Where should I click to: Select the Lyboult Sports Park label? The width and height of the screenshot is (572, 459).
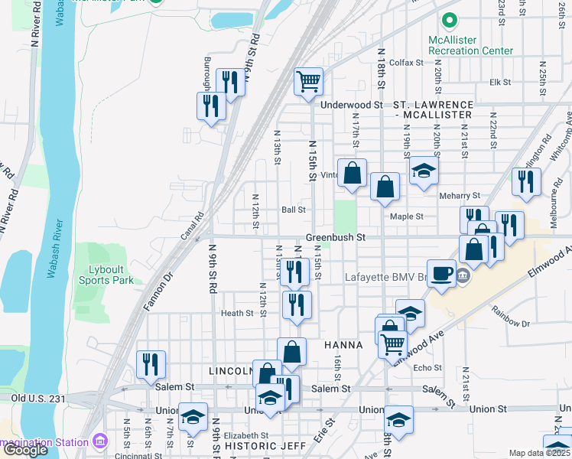pos(106,275)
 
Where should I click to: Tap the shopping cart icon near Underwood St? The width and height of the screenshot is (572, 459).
pos(308,80)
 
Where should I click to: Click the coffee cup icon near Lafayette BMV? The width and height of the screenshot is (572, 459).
pos(440,274)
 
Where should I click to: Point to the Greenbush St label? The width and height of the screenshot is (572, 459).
pos(336,238)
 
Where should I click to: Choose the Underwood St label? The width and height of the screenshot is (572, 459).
pos(352,105)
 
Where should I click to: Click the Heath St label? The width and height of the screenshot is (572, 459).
pos(236,313)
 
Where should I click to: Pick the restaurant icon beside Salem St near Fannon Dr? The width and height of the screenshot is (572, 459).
pos(151,363)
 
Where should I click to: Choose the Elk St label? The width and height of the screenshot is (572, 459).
pos(500,82)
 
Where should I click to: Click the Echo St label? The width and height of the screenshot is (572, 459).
pos(422,367)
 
